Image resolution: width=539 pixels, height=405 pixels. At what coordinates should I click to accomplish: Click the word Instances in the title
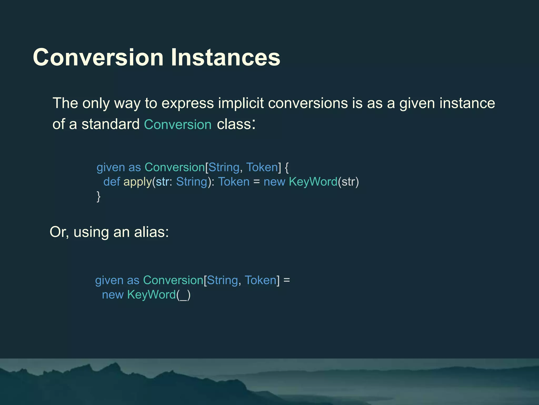coord(226,57)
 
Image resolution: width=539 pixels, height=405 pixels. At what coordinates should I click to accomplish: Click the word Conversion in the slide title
coord(98,57)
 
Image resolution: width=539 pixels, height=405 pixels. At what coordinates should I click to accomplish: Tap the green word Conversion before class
coord(178,124)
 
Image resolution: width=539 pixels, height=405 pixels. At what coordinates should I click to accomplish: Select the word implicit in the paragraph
coord(241,103)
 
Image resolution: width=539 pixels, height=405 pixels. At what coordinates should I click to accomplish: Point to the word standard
coord(110,124)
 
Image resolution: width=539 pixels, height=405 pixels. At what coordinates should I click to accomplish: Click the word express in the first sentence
coord(187,104)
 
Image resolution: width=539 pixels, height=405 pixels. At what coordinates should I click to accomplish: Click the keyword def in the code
coord(112,182)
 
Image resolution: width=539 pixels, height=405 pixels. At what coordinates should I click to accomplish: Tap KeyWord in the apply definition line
coord(313,182)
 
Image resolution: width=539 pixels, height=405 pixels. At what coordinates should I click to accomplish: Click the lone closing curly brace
coord(98,196)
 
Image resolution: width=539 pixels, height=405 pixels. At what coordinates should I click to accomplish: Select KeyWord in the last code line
coord(151,295)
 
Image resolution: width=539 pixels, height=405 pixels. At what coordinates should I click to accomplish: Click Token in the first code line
coord(262,167)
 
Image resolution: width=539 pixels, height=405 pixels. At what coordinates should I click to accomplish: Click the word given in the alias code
coord(109,281)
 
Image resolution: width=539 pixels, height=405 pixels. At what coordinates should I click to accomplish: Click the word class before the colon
coord(234,124)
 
